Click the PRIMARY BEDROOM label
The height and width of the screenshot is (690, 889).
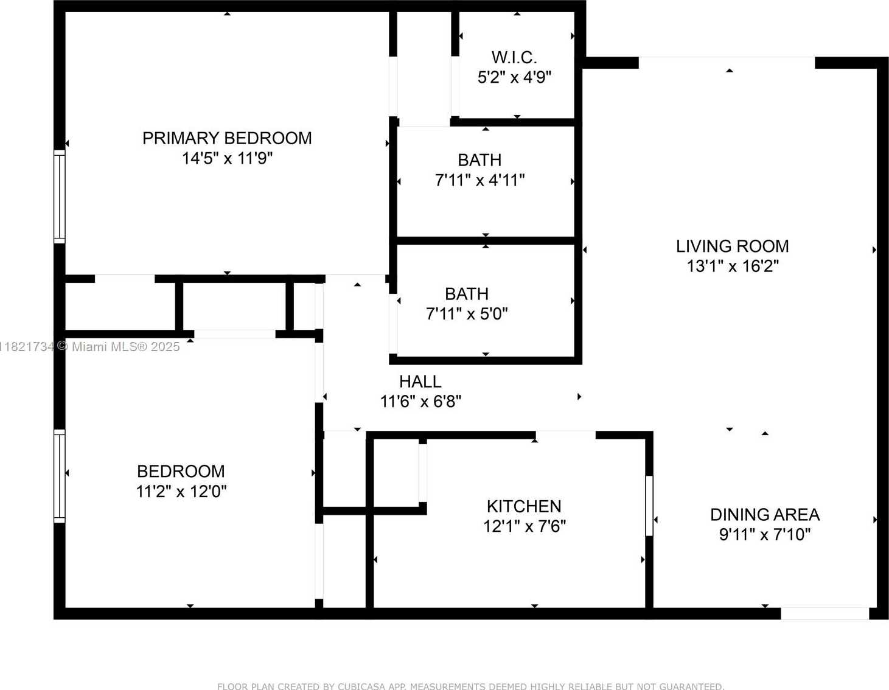pyautogui.click(x=227, y=138)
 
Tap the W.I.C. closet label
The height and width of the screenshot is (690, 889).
pyautogui.click(x=514, y=58)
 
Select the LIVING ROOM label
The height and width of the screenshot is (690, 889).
pyautogui.click(x=732, y=246)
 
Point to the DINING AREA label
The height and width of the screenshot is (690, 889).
pyautogui.click(x=765, y=515)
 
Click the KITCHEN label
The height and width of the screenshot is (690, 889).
pyautogui.click(x=524, y=506)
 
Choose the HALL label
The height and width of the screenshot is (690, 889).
pyautogui.click(x=420, y=382)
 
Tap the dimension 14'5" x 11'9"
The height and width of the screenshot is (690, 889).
pyautogui.click(x=227, y=158)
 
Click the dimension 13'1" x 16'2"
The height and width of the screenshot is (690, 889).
pyautogui.click(x=732, y=267)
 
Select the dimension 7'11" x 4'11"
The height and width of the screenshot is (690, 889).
pyautogui.click(x=479, y=180)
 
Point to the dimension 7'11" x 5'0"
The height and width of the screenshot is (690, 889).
pyautogui.click(x=467, y=314)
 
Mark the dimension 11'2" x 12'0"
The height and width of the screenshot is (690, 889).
pyautogui.click(x=181, y=491)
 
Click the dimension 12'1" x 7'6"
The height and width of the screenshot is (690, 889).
pyautogui.click(x=525, y=526)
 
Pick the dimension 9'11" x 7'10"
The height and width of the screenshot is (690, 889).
pyautogui.click(x=765, y=535)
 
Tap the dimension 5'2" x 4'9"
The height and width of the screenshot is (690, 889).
pyautogui.click(x=514, y=77)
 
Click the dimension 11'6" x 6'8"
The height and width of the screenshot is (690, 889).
pyautogui.click(x=420, y=402)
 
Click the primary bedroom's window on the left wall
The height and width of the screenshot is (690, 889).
pyautogui.click(x=59, y=197)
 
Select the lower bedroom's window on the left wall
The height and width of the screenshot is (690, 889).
pyautogui.click(x=59, y=476)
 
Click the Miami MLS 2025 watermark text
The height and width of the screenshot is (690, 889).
pyautogui.click(x=89, y=347)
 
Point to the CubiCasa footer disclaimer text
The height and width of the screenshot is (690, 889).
pyautogui.click(x=471, y=686)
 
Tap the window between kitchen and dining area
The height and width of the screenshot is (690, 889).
pyautogui.click(x=649, y=506)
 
